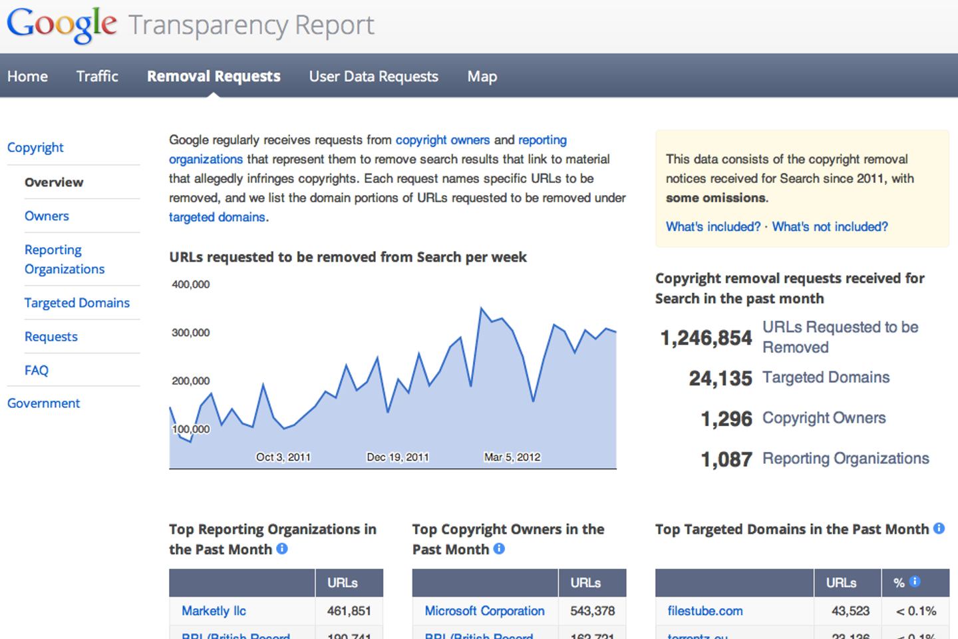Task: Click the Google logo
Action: click(62, 25)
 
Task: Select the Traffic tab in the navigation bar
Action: click(97, 77)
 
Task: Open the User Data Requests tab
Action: click(373, 77)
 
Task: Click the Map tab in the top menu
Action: click(482, 77)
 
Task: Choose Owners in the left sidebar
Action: click(47, 216)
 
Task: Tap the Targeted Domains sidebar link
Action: click(77, 303)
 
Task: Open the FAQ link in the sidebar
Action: click(37, 370)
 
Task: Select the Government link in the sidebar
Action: click(43, 403)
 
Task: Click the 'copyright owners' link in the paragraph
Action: click(442, 140)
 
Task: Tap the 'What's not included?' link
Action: click(830, 227)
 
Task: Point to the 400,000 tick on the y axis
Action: click(191, 284)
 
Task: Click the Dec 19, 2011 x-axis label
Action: click(398, 457)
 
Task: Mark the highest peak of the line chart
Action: click(481, 308)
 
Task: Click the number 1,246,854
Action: click(706, 338)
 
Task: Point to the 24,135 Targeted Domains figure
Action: click(720, 379)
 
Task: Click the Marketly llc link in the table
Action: click(214, 611)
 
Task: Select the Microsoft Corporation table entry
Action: click(484, 611)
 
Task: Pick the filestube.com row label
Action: click(705, 611)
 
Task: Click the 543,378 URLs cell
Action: click(592, 611)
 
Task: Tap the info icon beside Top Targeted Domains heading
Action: click(939, 529)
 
